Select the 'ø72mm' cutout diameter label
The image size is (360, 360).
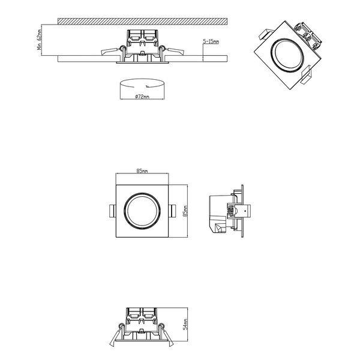click(142, 96)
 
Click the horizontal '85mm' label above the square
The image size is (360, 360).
click(142, 172)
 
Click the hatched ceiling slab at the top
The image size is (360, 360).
click(142, 21)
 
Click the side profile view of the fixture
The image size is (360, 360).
click(225, 213)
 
